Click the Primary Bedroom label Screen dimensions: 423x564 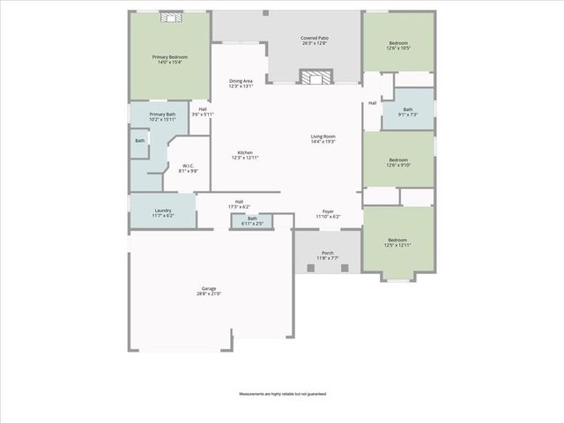169,59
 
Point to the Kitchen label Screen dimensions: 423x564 245,155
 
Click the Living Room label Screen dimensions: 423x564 323,138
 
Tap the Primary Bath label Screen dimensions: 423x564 163,117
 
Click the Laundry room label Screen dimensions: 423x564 163,212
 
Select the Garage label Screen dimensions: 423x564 209,291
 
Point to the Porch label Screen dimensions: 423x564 328,256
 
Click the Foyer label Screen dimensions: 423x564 328,214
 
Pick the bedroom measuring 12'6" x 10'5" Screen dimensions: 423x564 397,45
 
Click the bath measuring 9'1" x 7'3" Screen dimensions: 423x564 407,112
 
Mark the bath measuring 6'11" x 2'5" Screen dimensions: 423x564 252,220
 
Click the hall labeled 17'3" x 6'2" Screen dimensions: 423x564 239,204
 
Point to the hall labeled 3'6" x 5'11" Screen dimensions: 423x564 203,112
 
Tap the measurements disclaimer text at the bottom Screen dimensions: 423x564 282,393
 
